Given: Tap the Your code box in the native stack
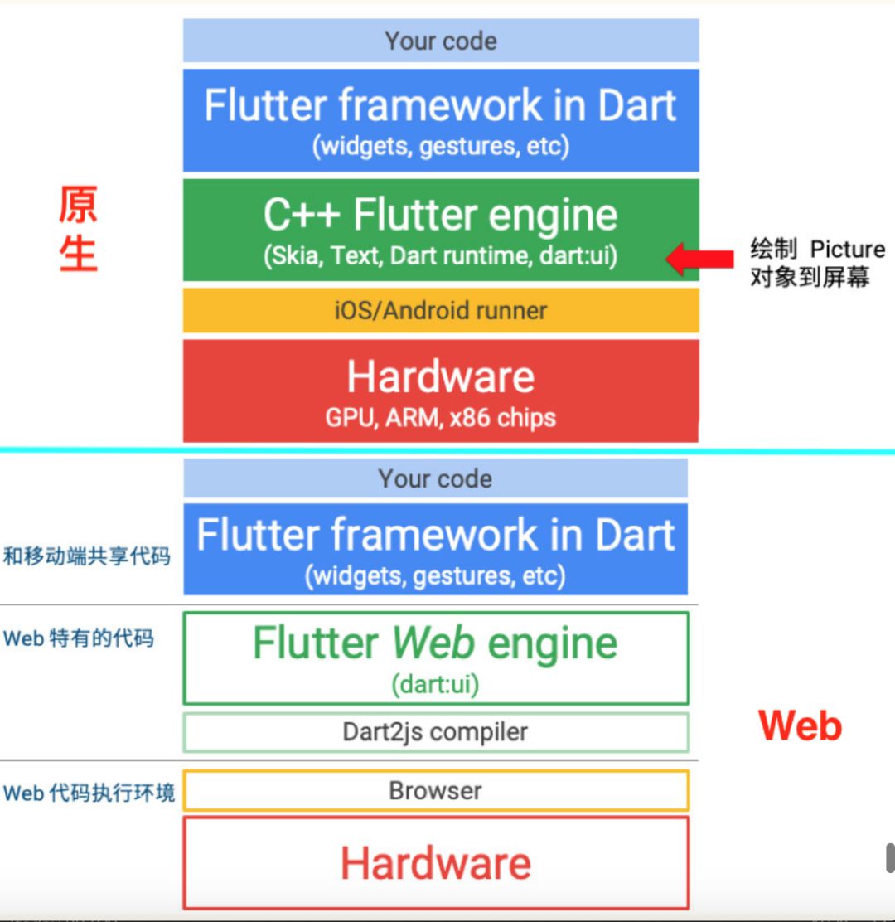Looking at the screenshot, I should (x=441, y=41).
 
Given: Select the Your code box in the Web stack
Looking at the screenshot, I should (x=435, y=478).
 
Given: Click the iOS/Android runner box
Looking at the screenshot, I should (x=441, y=311).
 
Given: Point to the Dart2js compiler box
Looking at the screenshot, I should (x=435, y=732).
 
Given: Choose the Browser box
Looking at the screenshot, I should (x=435, y=790).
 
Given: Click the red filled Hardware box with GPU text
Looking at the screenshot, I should (x=441, y=390).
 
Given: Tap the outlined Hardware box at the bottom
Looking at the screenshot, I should (x=435, y=863).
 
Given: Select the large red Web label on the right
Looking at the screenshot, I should (x=800, y=726).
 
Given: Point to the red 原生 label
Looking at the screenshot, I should (x=78, y=229).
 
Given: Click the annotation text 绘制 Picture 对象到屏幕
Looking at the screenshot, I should (x=816, y=263).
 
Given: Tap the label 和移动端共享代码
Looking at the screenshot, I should (x=87, y=556).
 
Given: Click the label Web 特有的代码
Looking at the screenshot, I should (x=79, y=638).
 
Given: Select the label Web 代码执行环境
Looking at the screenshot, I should (x=89, y=793).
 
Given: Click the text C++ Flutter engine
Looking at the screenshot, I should (x=441, y=216).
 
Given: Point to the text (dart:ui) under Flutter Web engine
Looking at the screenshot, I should (x=435, y=685).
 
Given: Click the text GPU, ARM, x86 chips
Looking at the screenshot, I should (x=441, y=417).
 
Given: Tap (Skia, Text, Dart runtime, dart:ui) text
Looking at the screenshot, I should (x=441, y=256).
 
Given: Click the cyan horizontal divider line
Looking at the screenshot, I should (x=447, y=451).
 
